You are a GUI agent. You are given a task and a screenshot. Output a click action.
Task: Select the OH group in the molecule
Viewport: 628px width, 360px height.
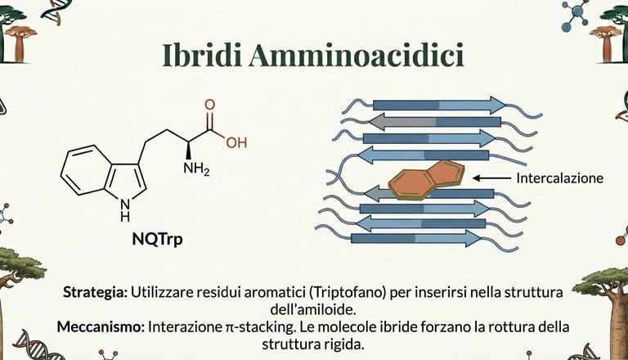point(236,142)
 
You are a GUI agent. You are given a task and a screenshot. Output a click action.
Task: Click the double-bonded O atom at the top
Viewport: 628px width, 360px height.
point(209,106)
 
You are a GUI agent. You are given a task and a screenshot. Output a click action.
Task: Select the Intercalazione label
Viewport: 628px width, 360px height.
point(559,178)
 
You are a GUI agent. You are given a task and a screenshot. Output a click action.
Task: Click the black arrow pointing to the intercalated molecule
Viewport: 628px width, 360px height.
point(491,178)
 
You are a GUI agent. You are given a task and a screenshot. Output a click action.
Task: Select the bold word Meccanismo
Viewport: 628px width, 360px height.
point(100,326)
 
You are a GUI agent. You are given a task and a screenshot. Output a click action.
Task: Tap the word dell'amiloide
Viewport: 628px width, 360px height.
point(314,308)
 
